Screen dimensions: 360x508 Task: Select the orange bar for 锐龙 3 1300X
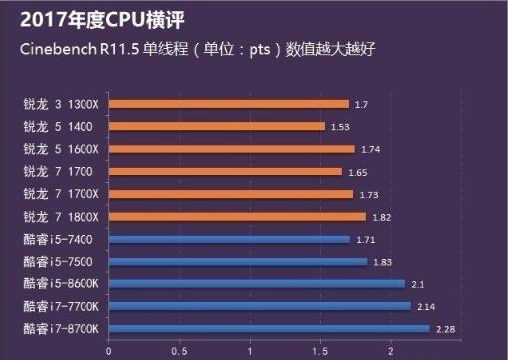[x=229, y=103]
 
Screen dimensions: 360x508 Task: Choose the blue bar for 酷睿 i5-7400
[x=230, y=239]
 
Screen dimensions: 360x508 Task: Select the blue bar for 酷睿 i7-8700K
[x=269, y=329]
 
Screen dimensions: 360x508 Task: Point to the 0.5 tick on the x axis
[x=179, y=351]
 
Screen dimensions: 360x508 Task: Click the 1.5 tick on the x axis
[x=320, y=351]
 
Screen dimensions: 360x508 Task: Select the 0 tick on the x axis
[x=109, y=351]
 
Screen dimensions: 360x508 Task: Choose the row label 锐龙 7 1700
[x=55, y=171]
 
